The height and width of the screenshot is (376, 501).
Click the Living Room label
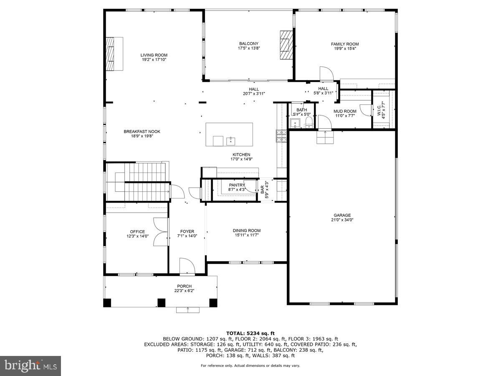154,55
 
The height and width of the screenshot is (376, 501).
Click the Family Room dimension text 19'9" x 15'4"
345,48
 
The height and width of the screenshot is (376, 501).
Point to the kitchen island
229,134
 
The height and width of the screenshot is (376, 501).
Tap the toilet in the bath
309,122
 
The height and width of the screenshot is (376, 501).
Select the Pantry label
237,185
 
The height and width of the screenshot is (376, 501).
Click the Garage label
342,216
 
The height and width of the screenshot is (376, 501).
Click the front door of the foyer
187,266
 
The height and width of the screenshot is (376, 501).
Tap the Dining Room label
246,231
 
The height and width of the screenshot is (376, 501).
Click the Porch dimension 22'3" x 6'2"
184,291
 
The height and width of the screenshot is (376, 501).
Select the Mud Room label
344,111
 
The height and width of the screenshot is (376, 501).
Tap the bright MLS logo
30,366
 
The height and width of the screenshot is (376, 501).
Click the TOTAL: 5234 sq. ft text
250,333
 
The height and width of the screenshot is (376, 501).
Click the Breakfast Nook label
142,132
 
